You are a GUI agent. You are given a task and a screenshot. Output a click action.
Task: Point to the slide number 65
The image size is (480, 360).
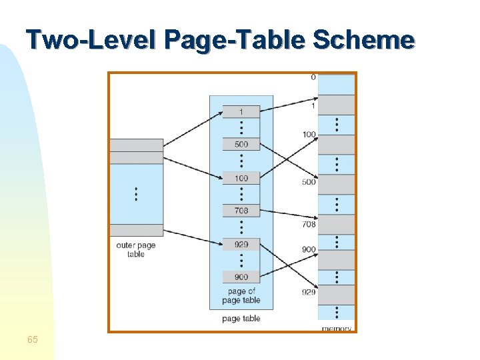click(x=32, y=340)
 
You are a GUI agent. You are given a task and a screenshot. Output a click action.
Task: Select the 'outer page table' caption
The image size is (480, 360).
click(x=135, y=249)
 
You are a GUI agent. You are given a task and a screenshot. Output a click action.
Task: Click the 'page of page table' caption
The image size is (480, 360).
click(x=241, y=295)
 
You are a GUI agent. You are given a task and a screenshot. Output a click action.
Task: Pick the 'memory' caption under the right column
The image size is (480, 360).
click(x=337, y=329)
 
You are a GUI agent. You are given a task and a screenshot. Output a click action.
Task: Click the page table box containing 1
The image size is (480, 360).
click(x=241, y=111)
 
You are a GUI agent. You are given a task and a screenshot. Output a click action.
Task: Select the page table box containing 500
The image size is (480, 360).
click(x=241, y=144)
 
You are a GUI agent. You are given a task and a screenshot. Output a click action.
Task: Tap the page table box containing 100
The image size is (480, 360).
click(x=241, y=178)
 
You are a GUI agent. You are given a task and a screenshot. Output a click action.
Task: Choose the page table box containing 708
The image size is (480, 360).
click(x=241, y=211)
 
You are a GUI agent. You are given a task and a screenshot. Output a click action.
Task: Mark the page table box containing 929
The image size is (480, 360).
click(x=241, y=245)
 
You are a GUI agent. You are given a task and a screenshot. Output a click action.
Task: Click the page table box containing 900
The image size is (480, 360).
click(x=241, y=277)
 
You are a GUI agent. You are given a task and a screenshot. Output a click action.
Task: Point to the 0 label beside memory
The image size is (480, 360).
click(x=313, y=77)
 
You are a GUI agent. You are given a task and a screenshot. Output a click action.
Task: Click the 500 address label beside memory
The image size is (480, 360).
click(x=309, y=182)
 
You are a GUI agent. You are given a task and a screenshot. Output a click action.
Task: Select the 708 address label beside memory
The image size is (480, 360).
click(x=309, y=225)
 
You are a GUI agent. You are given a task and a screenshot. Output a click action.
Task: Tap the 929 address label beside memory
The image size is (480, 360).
click(x=309, y=292)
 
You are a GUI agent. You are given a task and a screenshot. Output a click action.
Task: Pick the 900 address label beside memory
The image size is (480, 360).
click(x=309, y=249)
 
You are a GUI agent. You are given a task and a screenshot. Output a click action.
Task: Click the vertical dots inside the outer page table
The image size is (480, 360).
click(x=136, y=194)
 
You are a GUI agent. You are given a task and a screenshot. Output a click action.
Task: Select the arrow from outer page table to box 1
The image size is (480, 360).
click(x=193, y=128)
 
